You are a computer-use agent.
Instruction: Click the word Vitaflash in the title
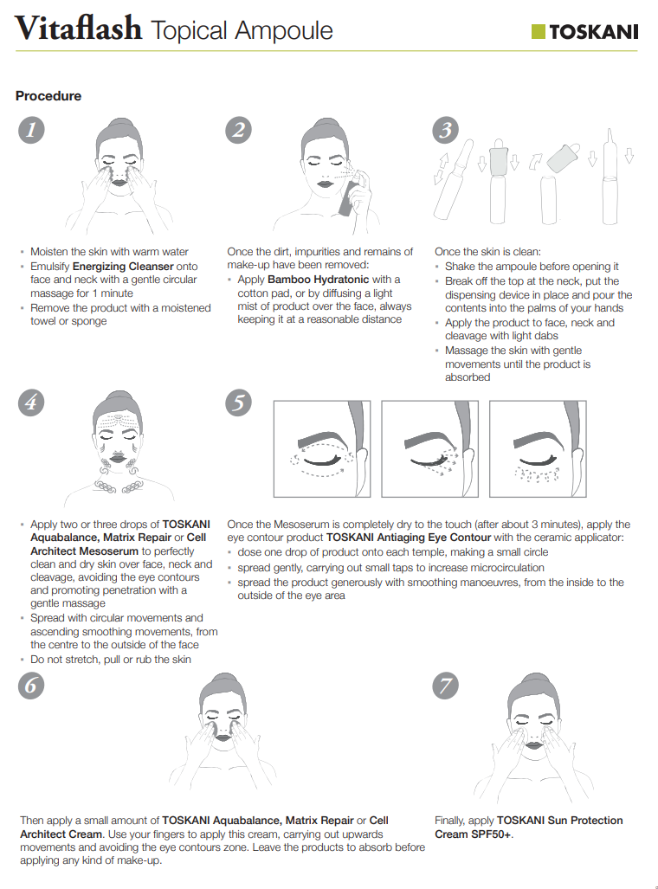pyautogui.click(x=78, y=29)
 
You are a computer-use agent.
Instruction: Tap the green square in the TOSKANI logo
pyautogui.click(x=539, y=32)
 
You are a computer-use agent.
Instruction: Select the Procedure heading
pyautogui.click(x=48, y=96)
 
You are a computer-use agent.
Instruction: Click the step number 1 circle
pyautogui.click(x=31, y=130)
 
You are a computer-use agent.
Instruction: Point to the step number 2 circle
pyautogui.click(x=239, y=130)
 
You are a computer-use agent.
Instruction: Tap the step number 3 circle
pyautogui.click(x=446, y=130)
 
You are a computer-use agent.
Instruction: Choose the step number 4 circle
pyautogui.click(x=31, y=403)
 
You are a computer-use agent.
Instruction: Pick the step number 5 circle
pyautogui.click(x=239, y=403)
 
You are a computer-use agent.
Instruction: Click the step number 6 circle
pyautogui.click(x=31, y=686)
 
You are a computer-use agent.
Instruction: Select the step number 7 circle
pyautogui.click(x=446, y=686)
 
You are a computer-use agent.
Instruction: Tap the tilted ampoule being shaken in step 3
pyautogui.click(x=454, y=178)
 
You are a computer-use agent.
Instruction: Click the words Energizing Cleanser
pyautogui.click(x=123, y=267)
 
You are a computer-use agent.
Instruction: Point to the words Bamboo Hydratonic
pyautogui.click(x=319, y=280)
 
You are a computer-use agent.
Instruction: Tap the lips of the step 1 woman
pyautogui.click(x=119, y=182)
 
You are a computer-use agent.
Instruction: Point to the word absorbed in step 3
pyautogui.click(x=468, y=377)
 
